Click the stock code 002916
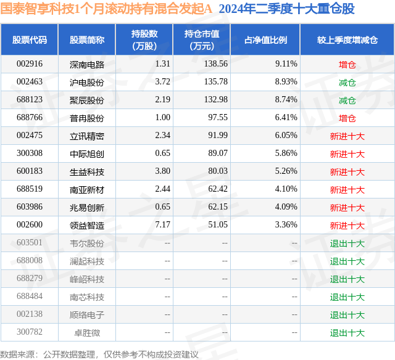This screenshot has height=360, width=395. click(30, 64)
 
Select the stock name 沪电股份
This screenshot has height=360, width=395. click(87, 82)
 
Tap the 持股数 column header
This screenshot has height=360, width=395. click(144, 39)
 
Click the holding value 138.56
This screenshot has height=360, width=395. click(216, 64)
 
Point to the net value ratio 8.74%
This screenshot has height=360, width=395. click(286, 100)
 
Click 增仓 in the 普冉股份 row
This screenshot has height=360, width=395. click(347, 118)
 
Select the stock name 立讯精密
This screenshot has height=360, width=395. click(87, 136)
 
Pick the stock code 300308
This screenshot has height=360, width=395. click(30, 153)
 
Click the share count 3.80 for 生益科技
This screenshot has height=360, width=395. click(163, 171)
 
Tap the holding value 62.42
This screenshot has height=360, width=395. click(218, 189)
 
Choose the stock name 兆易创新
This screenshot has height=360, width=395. click(87, 207)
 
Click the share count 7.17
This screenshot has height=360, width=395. click(163, 224)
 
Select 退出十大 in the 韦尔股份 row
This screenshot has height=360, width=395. click(347, 243)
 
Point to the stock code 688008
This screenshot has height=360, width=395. click(30, 260)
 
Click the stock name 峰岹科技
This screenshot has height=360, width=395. click(87, 279)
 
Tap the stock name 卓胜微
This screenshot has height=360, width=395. click(87, 332)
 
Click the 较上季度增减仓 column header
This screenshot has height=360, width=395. click(347, 39)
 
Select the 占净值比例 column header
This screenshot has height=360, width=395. click(265, 39)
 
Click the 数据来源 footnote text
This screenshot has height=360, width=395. click(99, 354)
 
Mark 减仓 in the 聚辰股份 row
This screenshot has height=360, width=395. click(347, 100)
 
